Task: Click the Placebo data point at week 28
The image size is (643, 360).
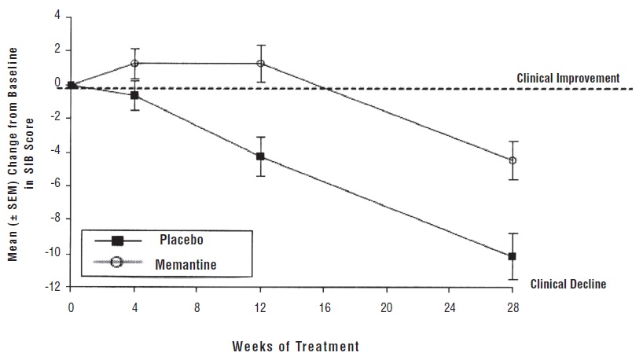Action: point(513,256)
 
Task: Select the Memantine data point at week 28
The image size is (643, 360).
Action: point(513,160)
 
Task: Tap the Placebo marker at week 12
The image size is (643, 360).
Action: point(261,156)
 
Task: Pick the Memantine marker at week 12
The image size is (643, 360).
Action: point(261,63)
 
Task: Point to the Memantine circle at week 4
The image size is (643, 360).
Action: point(135,63)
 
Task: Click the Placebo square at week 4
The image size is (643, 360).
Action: point(135,95)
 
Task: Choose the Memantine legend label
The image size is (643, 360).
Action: point(191,264)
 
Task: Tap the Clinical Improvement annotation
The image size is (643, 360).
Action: point(568,79)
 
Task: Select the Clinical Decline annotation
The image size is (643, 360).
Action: point(568,284)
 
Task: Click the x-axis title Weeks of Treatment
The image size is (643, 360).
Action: point(296,345)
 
